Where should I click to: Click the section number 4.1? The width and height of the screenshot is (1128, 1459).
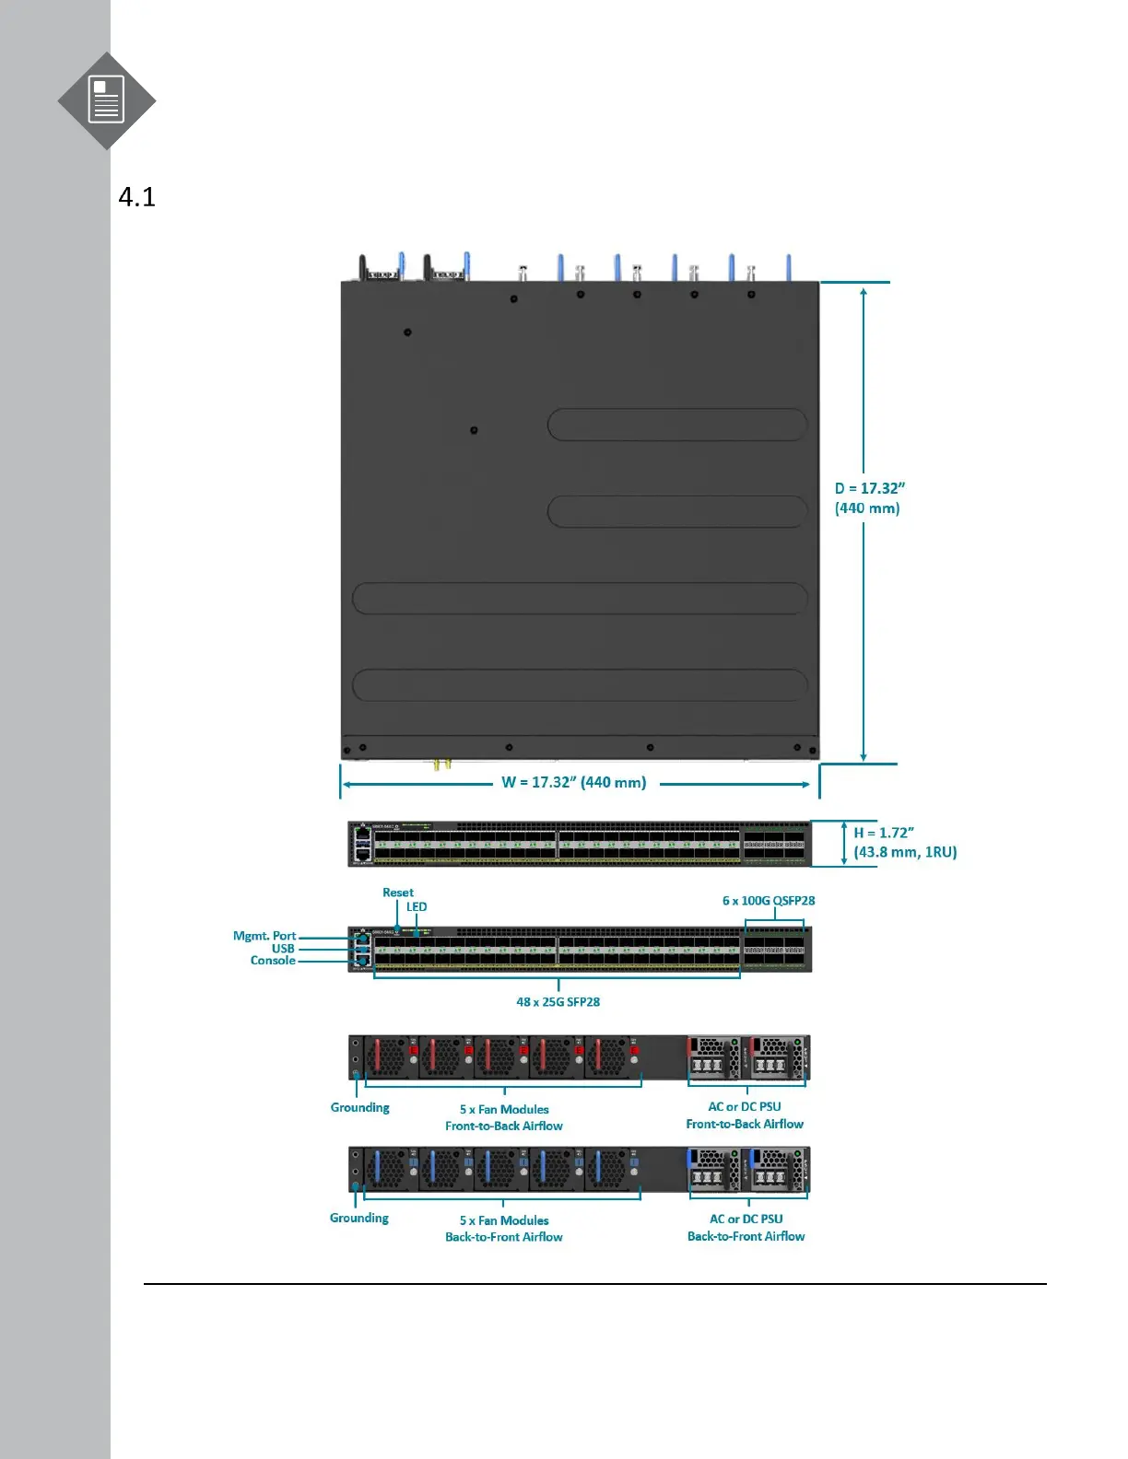pos(137,197)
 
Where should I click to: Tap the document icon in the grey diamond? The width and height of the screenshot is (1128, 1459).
pos(106,100)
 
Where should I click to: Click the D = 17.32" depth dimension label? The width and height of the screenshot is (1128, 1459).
pos(869,488)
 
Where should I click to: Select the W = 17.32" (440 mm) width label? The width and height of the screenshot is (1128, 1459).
pos(573,783)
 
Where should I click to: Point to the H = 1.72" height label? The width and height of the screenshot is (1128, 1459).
pos(883,833)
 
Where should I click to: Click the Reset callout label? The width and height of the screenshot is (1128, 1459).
pos(398,893)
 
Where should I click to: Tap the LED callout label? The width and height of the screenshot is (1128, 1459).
pos(417,907)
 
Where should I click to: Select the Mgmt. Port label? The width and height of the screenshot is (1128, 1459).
pos(264,936)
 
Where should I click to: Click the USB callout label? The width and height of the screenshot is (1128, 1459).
pos(283,949)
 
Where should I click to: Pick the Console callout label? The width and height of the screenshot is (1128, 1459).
pos(273,961)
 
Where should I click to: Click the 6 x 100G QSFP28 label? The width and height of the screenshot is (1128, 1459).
pos(769,901)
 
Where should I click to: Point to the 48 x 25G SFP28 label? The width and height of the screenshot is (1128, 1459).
pos(558,1002)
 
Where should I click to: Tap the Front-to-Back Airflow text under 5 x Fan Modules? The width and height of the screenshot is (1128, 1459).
pos(504,1126)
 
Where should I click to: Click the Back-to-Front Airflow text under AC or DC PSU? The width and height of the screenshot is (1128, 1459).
pos(746,1237)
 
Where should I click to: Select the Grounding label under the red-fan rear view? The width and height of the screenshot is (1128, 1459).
pos(359,1108)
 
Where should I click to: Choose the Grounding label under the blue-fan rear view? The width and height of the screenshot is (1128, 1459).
pos(359,1219)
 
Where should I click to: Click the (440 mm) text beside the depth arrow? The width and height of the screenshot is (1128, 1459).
pos(867,508)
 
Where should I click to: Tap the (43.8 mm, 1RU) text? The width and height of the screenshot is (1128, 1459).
pos(905,853)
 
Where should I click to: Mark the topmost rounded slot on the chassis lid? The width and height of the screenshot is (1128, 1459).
pos(677,425)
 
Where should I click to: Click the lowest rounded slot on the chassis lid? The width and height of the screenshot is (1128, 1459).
pos(580,685)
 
